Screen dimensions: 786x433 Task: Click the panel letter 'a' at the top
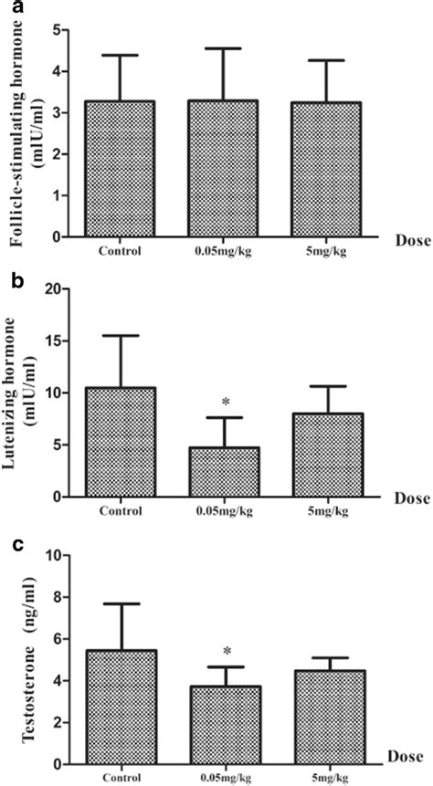click(x=9, y=8)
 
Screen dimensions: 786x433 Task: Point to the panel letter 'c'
click(x=9, y=545)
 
